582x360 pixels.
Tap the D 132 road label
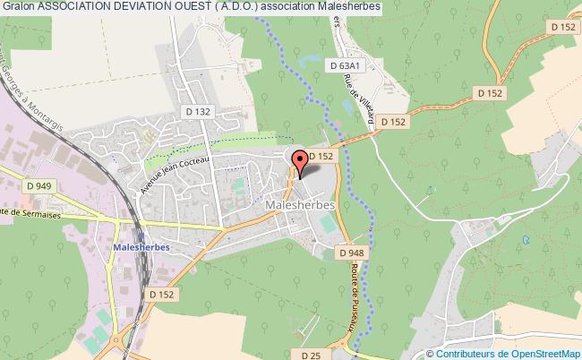[200, 111]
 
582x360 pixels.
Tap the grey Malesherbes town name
[300, 205]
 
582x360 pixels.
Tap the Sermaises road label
[36, 211]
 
